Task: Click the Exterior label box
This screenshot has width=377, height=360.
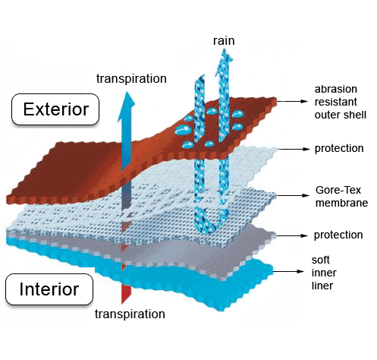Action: pos(55,109)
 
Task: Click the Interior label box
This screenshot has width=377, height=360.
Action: pos(49,289)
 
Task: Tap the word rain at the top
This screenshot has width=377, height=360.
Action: pos(224,41)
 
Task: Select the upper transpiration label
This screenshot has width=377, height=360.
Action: pos(131,79)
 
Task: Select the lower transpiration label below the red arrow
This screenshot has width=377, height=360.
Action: pos(130,314)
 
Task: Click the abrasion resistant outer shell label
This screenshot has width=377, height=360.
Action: pos(341,102)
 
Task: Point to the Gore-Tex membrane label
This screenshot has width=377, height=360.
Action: pos(341,197)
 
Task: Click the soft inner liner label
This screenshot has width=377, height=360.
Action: pos(324,273)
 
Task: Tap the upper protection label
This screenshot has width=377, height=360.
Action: pos(339,149)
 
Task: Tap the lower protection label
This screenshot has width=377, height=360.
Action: pos(338,235)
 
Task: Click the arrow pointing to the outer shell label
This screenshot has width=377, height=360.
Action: pos(292,101)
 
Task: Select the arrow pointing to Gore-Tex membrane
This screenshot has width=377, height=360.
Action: pos(294,195)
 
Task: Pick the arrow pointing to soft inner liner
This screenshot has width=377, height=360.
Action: pos(288,271)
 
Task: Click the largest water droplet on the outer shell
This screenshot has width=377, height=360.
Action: pos(183,130)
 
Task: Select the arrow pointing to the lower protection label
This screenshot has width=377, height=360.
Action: pos(292,235)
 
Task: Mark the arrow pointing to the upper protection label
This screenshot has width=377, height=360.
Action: pos(294,149)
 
